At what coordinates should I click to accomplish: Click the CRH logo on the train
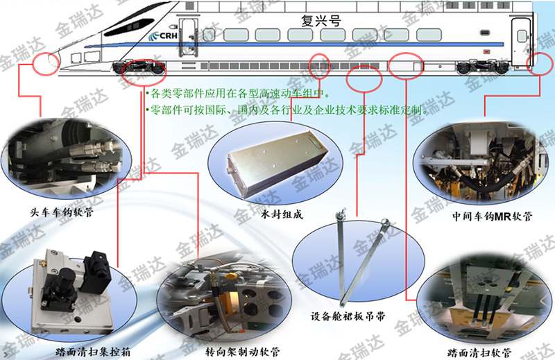point(163,36)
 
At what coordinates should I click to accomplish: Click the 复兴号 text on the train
point(321,21)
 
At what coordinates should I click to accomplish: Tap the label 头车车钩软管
point(62,212)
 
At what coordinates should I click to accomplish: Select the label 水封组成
point(282,214)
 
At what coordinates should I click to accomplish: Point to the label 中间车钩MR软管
point(493,216)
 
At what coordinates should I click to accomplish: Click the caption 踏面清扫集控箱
point(93,352)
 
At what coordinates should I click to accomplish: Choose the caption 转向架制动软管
point(242,352)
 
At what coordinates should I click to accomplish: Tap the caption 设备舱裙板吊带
point(348,316)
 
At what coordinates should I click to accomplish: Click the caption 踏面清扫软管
point(479,352)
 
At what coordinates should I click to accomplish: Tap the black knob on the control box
point(66,275)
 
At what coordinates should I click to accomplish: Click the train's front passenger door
point(187,38)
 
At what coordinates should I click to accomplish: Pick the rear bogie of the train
point(483,67)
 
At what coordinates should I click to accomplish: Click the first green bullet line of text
point(238,94)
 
